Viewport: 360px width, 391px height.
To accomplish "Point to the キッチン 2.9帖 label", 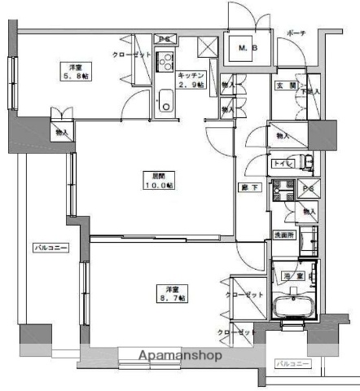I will pyautogui.click(x=192, y=79).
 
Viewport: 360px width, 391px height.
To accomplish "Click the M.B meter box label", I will pyautogui.click(x=247, y=50).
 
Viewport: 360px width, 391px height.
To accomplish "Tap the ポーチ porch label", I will pyautogui.click(x=296, y=33).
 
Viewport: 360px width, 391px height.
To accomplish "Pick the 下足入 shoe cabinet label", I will pyautogui.click(x=313, y=94).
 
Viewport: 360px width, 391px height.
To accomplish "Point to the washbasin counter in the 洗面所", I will pyautogui.click(x=309, y=240).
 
